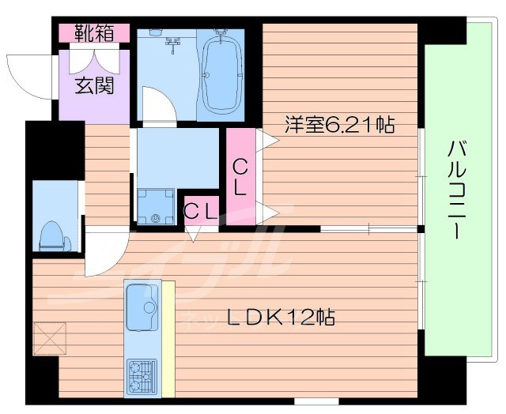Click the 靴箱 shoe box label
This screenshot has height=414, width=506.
[94, 33]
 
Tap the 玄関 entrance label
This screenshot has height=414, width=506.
[94, 85]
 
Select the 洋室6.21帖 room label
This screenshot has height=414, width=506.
[340, 125]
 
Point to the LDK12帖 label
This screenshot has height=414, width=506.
[281, 318]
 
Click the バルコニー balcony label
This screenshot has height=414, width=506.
[456, 190]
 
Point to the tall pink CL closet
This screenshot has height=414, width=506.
[240, 178]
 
